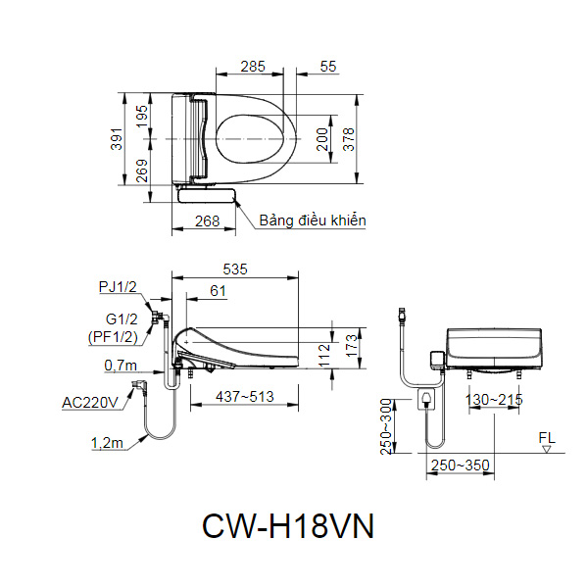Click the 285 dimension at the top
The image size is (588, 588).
(253, 67)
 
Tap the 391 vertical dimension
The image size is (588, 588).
(115, 140)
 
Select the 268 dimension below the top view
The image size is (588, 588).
(207, 221)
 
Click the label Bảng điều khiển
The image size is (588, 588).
(312, 220)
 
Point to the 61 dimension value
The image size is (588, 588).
(218, 290)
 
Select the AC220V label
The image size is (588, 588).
(89, 403)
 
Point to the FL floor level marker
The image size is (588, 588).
(546, 438)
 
